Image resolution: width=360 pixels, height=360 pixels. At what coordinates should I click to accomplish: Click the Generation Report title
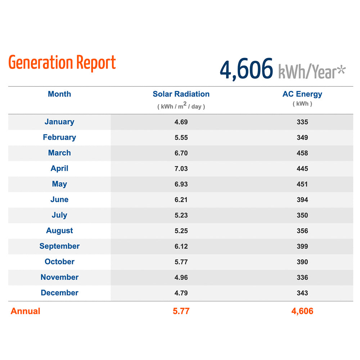point(62,63)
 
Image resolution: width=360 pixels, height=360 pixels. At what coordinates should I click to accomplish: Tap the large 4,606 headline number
point(247,69)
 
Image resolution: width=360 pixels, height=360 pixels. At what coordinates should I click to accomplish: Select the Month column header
point(59,94)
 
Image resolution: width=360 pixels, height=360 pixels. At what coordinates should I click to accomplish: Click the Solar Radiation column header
point(181,94)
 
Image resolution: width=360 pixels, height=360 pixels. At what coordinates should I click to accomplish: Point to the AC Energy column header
point(302,94)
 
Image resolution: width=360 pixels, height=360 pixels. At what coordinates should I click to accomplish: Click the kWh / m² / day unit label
point(181,106)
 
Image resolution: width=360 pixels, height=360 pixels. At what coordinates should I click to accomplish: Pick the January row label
point(59,122)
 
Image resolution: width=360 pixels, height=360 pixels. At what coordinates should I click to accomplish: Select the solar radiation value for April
point(181,168)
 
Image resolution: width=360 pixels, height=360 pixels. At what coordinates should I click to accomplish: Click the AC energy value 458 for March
point(302,153)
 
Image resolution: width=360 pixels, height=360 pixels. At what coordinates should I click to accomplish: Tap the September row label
point(59,246)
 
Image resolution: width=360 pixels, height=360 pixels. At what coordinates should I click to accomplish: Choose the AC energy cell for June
point(302,200)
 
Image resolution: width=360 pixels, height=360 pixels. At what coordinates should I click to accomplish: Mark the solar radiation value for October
point(181,262)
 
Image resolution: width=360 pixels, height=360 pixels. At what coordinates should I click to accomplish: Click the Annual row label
point(25,311)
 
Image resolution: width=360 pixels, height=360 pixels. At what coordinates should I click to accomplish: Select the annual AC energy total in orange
point(302,311)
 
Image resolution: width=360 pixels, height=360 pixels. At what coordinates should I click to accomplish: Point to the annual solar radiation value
point(181,311)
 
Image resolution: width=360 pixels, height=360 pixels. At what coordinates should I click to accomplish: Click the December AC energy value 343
point(302,293)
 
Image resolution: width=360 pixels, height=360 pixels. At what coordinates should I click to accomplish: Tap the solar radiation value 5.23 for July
point(181,215)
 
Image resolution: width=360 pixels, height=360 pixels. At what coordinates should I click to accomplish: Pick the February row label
point(59,137)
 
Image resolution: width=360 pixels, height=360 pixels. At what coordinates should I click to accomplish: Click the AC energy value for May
point(302,184)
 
